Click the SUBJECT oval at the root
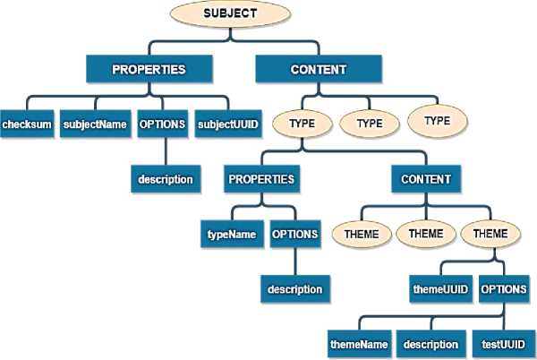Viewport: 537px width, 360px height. pyautogui.click(x=231, y=15)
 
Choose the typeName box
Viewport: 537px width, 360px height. pyautogui.click(x=232, y=235)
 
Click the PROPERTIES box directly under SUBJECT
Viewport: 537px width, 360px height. pyautogui.click(x=149, y=68)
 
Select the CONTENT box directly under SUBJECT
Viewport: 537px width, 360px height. pyautogui.click(x=320, y=68)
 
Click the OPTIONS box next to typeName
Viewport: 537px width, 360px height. pyautogui.click(x=294, y=235)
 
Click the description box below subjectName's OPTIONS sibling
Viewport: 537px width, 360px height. pyautogui.click(x=165, y=179)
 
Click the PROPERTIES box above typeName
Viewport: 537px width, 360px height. pyautogui.click(x=260, y=179)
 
